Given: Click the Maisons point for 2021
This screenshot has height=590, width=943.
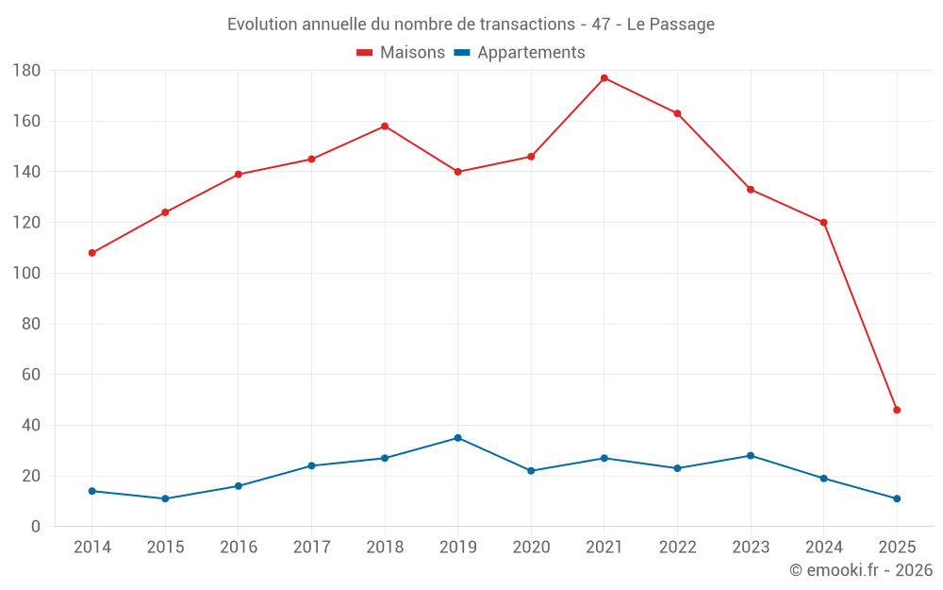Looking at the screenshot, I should [604, 77].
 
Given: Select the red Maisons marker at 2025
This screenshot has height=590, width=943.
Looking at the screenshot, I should [897, 410].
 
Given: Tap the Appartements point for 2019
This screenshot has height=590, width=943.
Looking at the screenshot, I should [457, 438].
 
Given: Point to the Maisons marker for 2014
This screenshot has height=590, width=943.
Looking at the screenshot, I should [92, 253].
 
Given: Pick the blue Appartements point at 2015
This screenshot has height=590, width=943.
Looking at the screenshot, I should [165, 498].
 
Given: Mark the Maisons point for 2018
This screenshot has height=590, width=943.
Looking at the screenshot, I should [385, 126].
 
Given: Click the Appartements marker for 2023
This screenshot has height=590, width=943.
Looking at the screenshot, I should [751, 456].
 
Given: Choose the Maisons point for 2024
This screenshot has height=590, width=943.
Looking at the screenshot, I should [823, 223].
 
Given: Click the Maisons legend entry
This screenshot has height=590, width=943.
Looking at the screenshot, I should [401, 53].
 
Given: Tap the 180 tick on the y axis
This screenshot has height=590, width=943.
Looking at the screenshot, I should [26, 71].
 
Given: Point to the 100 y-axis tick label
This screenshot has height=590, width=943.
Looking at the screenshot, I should [26, 274].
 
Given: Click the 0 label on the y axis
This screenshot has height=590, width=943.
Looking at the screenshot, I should [36, 527].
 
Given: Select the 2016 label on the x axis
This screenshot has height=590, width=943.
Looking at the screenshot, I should [239, 548].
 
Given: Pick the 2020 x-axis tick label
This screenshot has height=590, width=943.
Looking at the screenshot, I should [531, 548].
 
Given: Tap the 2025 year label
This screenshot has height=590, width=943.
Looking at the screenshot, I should [897, 548].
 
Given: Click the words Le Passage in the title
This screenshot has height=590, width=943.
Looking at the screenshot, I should [670, 25].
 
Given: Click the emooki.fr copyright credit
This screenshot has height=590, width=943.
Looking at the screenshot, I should [861, 570].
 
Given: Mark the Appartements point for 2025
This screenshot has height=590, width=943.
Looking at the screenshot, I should [897, 498].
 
